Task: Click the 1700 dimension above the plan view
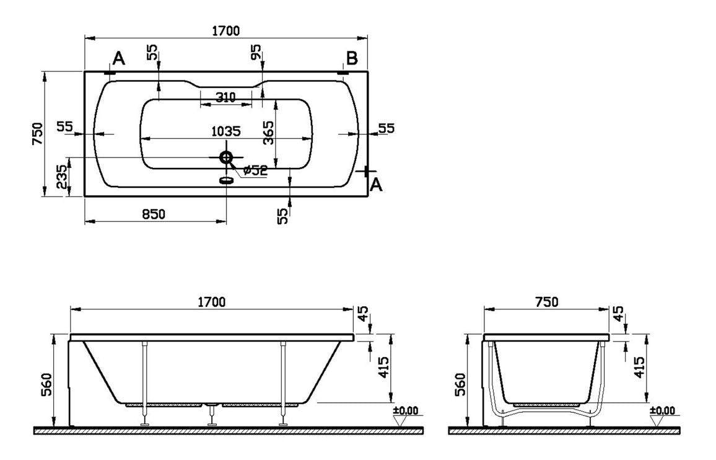[225, 30]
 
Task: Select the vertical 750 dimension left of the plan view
[37, 133]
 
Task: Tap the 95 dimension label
[256, 52]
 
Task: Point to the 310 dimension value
[225, 97]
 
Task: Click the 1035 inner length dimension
[225, 131]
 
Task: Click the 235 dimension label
[61, 177]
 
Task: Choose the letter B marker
[351, 58]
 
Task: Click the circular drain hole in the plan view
[226, 157]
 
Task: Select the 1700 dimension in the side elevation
[211, 302]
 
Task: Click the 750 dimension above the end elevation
[546, 302]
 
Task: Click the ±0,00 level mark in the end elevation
[662, 411]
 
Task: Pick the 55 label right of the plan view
[386, 128]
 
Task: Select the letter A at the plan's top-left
[119, 59]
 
